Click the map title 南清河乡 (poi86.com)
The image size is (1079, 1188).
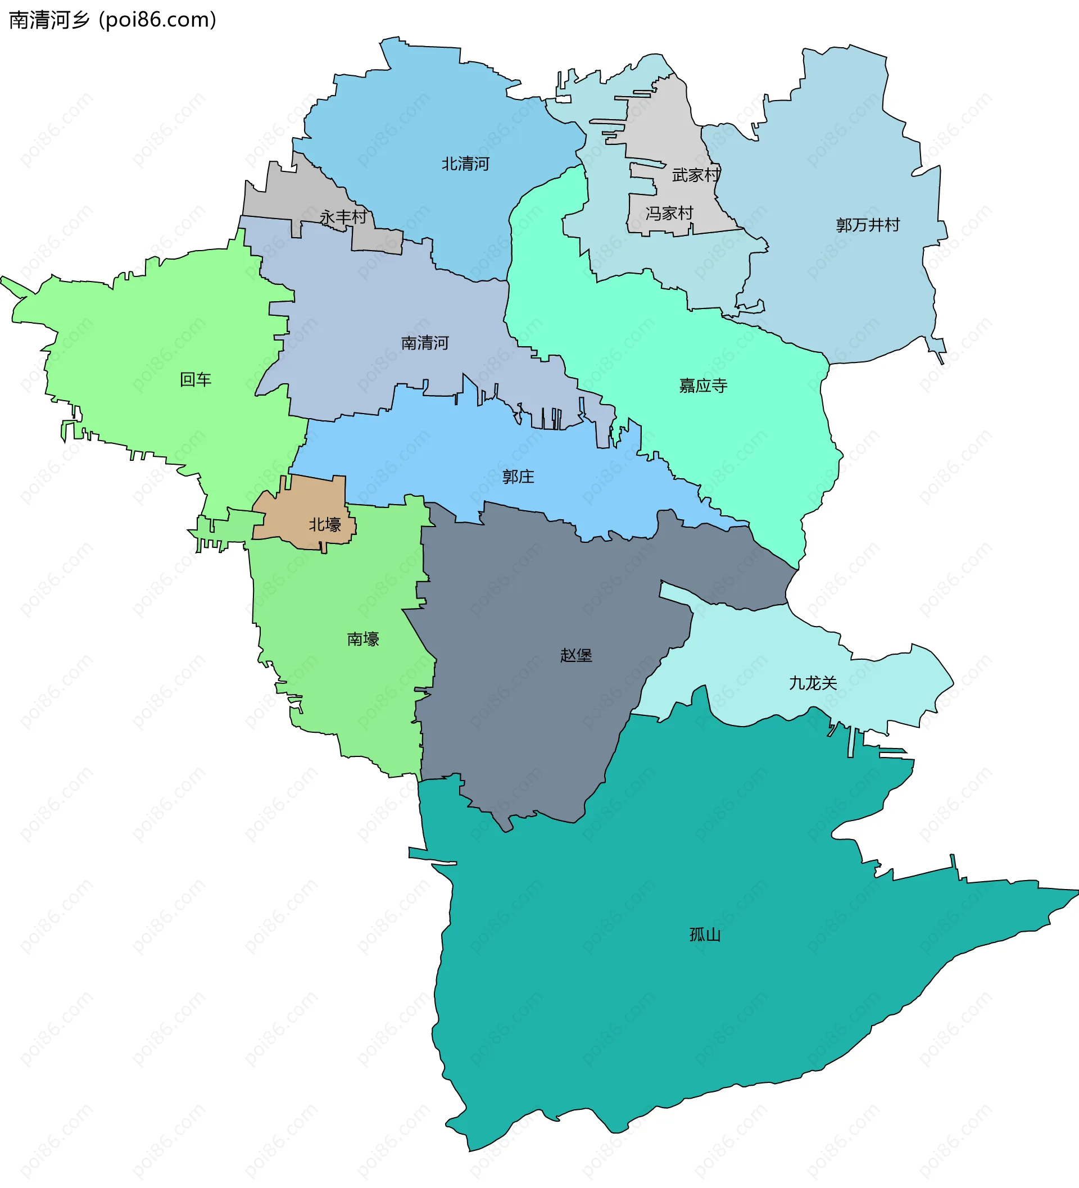point(112,20)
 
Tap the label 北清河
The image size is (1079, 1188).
point(465,164)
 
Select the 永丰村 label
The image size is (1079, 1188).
point(343,217)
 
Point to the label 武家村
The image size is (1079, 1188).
point(696,175)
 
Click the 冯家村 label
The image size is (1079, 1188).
point(669,214)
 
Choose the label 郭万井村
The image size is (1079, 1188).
point(868,225)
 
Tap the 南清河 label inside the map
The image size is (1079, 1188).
point(425,343)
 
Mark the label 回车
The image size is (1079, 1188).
point(196,379)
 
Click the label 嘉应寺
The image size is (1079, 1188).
point(703,386)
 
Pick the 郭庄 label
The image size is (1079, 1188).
point(518,477)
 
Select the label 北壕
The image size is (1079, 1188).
point(325,524)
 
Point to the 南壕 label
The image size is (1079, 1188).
point(363,639)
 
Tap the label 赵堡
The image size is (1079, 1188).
point(575,655)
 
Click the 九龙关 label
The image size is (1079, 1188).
point(813,683)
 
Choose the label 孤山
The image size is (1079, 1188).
point(705,935)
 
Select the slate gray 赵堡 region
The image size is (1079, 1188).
point(531,707)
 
